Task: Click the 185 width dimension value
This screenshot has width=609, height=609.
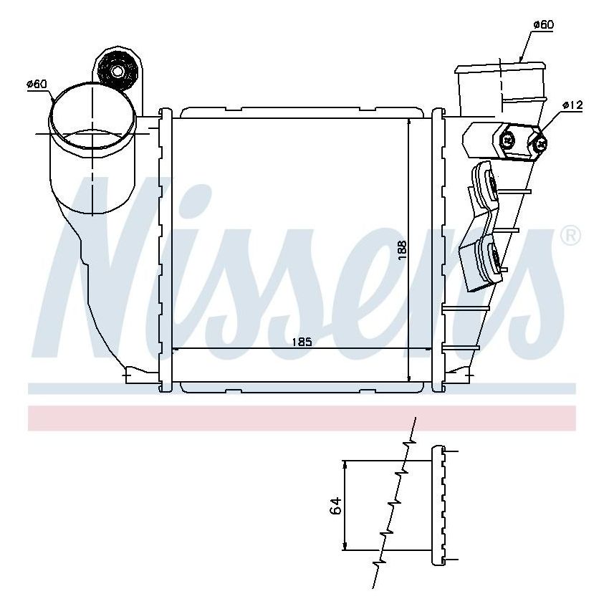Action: coord(302,342)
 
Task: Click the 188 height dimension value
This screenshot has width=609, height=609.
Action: coord(403,249)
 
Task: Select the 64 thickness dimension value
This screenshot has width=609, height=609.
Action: coord(335,505)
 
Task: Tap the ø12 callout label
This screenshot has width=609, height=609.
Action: coord(572,105)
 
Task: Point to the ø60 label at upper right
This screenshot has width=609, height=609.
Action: coord(543,25)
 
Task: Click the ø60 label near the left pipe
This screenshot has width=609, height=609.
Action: coord(37,85)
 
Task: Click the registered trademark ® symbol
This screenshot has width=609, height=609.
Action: coord(570,236)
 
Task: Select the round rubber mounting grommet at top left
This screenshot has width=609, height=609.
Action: coord(116,70)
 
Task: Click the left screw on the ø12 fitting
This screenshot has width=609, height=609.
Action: coord(508,140)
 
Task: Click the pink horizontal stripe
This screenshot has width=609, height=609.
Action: coord(302,418)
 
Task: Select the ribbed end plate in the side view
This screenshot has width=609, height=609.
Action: coord(438,505)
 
